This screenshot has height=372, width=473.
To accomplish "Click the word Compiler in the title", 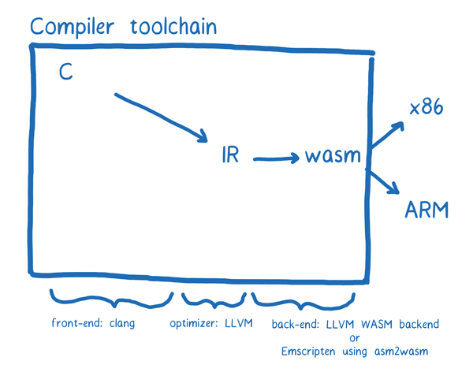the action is (x=72, y=27).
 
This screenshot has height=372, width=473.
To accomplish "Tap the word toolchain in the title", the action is (x=173, y=26).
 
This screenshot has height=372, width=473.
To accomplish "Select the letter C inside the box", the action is (x=66, y=72).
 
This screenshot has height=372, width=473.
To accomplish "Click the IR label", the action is (x=230, y=154).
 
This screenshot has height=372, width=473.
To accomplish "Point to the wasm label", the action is (x=333, y=155).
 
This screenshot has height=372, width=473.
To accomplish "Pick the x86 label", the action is (x=426, y=107).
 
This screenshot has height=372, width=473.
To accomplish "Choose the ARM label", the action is (x=426, y=210).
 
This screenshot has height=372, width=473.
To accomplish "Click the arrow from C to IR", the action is (x=162, y=117).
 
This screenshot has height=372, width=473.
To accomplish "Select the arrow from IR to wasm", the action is (x=276, y=158).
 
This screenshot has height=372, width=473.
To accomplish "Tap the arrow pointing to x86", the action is (x=388, y=134).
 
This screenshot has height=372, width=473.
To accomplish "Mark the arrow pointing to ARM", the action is (x=383, y=180).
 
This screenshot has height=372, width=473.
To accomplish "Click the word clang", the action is (x=122, y=323).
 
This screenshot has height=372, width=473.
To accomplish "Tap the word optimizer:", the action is (x=194, y=323).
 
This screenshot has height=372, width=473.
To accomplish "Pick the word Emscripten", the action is (x=308, y=352).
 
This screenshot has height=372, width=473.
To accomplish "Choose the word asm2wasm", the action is (x=401, y=352).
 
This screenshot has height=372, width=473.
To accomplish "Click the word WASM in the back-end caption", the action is (x=377, y=324).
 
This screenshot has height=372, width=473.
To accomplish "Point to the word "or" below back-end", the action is (x=355, y=338).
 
